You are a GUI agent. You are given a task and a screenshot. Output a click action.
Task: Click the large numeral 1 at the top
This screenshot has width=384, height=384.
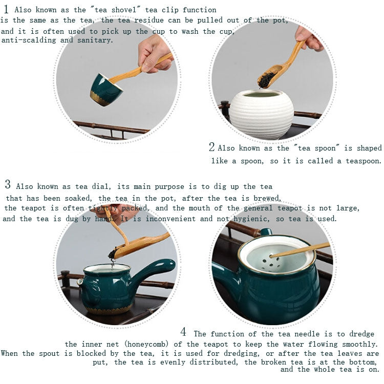point(6,9)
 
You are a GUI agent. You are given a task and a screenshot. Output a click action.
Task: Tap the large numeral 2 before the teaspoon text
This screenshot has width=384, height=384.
point(212,147)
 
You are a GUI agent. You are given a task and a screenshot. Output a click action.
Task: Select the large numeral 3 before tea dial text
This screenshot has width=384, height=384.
point(8,185)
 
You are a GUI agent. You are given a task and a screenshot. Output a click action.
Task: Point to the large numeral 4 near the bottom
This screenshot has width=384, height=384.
point(183,332)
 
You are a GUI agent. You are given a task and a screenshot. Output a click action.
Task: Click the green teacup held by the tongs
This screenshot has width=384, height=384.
point(105,90)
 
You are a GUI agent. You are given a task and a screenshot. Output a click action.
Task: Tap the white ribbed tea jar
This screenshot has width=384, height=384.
point(261,114)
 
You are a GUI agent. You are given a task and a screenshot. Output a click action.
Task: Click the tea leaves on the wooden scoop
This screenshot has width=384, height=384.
point(267,78)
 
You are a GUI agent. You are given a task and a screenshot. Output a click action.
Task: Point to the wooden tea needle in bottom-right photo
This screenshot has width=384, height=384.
point(302,250)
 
